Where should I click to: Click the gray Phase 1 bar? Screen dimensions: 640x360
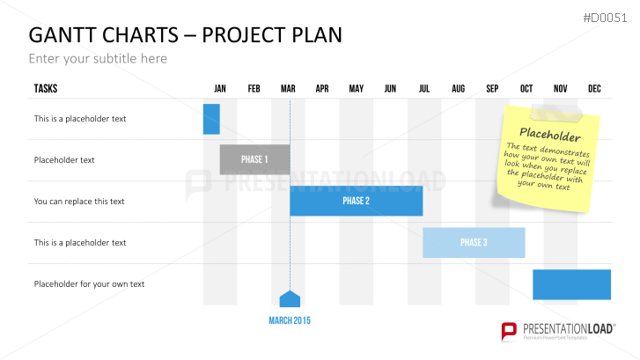coord(254,159)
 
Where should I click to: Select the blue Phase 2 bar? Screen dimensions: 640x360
coord(357,201)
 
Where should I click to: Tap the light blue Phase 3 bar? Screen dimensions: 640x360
coord(474,242)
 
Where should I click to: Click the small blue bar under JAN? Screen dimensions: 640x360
coord(211,119)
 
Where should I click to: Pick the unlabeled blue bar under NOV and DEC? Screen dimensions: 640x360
coord(572,284)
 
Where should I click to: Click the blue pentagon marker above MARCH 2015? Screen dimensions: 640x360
coord(290,299)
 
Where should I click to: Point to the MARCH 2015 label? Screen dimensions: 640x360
coord(290,320)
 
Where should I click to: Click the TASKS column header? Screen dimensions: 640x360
coord(46,89)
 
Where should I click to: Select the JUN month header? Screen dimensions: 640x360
coord(390,89)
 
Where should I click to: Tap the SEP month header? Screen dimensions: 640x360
coord(492,89)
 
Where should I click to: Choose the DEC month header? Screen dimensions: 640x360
coord(594,89)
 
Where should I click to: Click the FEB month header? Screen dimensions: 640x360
coord(254,89)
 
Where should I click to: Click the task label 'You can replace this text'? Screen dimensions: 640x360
coord(79,202)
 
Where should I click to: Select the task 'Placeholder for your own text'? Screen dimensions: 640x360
coord(89,284)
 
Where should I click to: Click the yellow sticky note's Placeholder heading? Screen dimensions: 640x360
coord(550,135)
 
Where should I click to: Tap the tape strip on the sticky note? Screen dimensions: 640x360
coord(556,113)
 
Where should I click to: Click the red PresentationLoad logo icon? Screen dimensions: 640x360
coord(509,331)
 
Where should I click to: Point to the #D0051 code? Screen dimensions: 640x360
coord(605,18)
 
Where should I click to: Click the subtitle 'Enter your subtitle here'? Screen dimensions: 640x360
coord(98,59)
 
